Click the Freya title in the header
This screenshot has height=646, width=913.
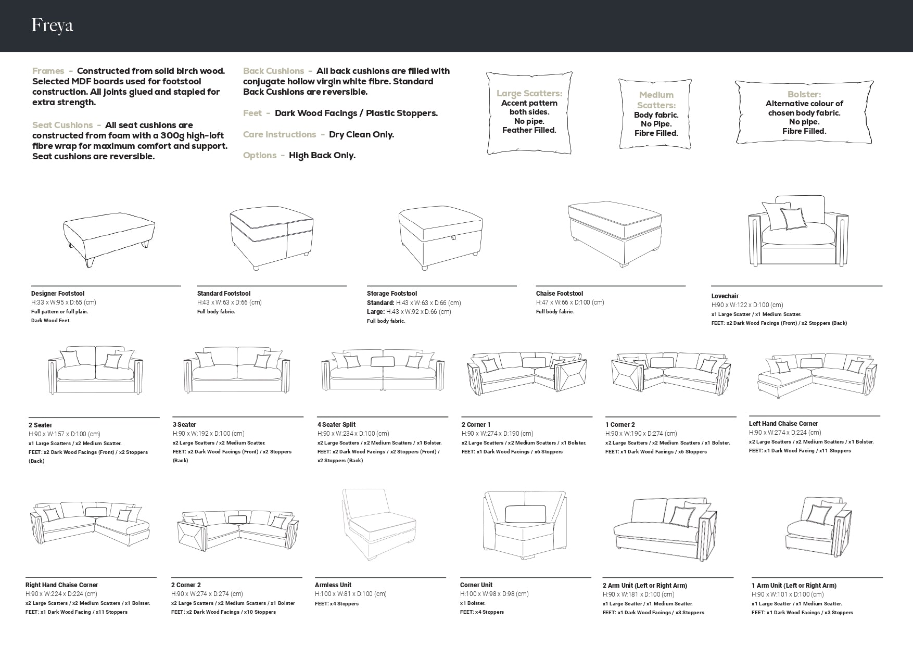[x=52, y=26]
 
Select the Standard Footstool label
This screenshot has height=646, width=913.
[x=224, y=294]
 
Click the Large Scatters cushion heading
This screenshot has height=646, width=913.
[x=529, y=94]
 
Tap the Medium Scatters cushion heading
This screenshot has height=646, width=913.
[x=656, y=100]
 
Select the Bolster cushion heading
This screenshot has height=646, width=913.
[x=804, y=94]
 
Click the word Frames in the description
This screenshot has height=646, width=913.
[x=48, y=71]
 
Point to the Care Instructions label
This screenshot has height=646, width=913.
[x=280, y=135]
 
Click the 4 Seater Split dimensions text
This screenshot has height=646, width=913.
[x=353, y=434]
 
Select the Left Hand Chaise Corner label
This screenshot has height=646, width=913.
[x=783, y=424]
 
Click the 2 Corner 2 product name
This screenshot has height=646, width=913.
[x=186, y=585]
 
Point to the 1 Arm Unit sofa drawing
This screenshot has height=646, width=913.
[x=819, y=523]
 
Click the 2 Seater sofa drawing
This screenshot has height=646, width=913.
[x=95, y=370]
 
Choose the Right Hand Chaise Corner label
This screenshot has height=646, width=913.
[x=62, y=585]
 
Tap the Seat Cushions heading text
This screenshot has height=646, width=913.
[x=62, y=125]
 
